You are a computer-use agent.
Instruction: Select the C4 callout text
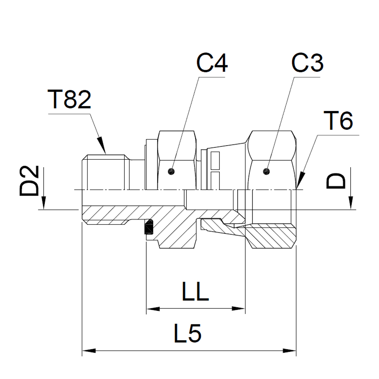pos(211,63)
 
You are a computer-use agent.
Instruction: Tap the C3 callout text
pos(307,63)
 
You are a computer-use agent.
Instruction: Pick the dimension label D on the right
pos(337,181)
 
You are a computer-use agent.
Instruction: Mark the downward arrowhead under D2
pos(45,205)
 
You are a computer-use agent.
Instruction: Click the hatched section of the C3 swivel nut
pos(271,237)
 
